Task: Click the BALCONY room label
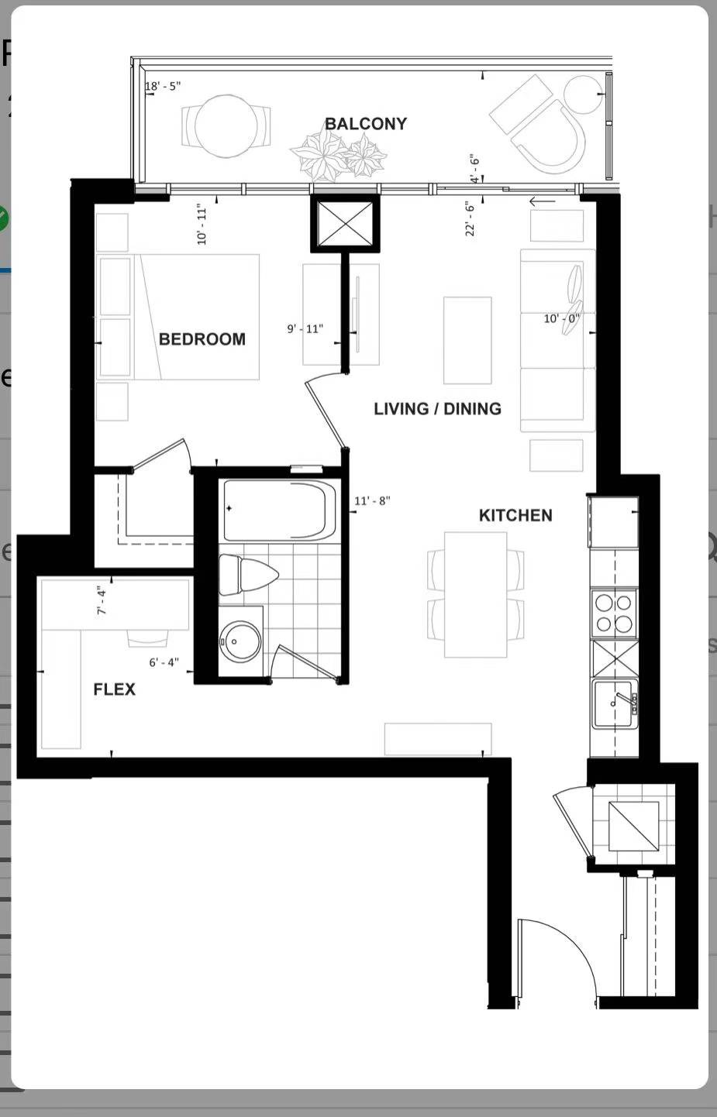(x=366, y=124)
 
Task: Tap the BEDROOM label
(x=202, y=339)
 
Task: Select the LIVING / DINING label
(x=438, y=409)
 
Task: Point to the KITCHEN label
(x=515, y=515)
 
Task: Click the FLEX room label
(x=114, y=689)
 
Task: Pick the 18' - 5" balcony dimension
(x=163, y=86)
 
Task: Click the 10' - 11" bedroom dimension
(x=202, y=225)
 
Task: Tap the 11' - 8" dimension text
(x=372, y=500)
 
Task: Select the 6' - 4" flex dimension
(x=164, y=662)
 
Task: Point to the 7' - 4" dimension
(x=102, y=601)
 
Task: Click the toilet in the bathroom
(x=248, y=575)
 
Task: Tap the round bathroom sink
(x=240, y=642)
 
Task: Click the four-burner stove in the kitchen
(x=614, y=613)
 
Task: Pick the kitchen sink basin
(x=614, y=703)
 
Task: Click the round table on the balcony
(x=226, y=127)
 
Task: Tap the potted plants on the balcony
(x=338, y=156)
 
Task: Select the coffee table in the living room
(x=467, y=341)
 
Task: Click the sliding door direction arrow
(x=543, y=201)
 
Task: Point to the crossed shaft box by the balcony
(x=345, y=223)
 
